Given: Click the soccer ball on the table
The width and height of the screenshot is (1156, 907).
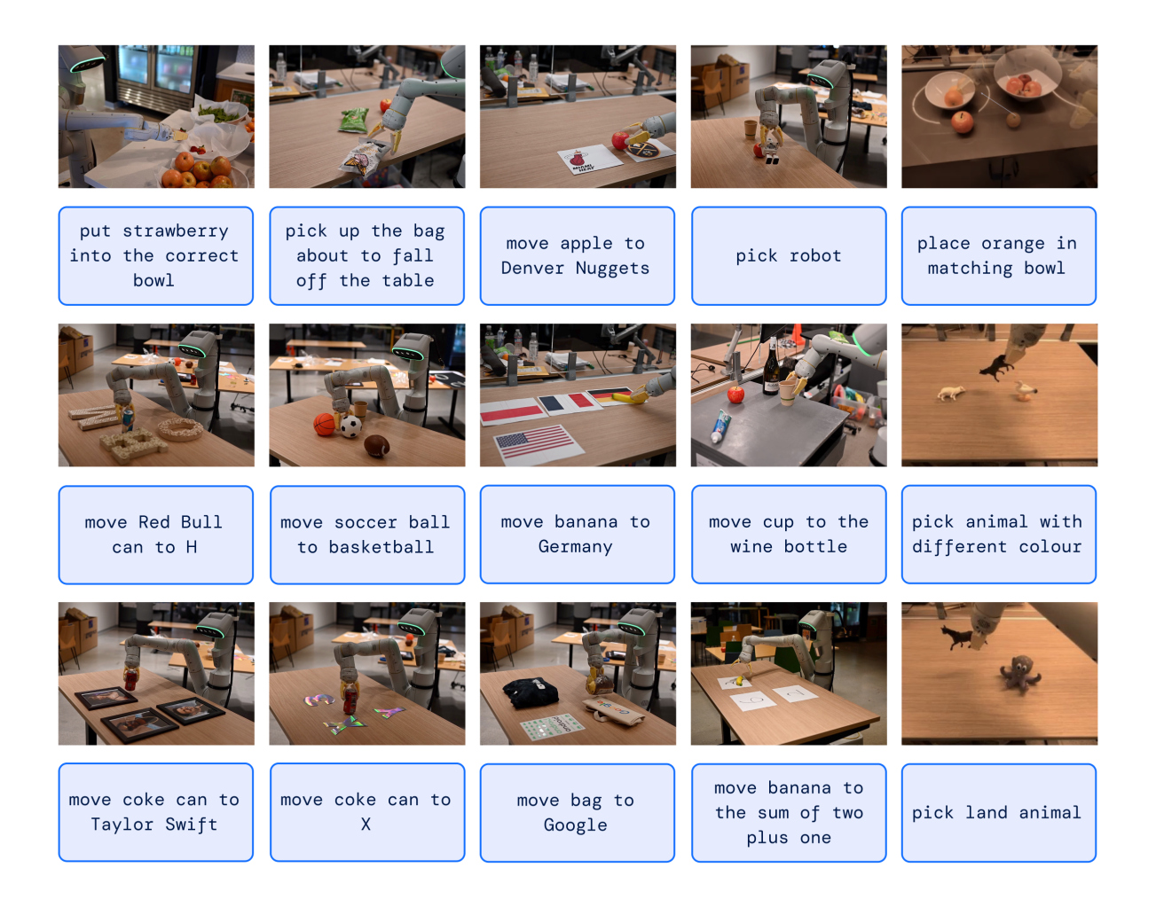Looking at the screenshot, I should click(x=351, y=427).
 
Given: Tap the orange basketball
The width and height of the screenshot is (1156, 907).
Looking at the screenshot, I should click(x=326, y=425).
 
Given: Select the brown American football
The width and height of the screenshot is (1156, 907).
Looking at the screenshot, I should click(x=378, y=445).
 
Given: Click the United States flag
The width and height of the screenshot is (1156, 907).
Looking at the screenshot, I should click(x=535, y=441).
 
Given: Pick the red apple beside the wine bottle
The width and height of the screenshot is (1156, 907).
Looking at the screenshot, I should click(x=735, y=393).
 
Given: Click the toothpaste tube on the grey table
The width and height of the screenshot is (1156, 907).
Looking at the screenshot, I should click(x=722, y=426).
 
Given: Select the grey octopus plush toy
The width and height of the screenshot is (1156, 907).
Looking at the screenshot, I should click(x=1017, y=674).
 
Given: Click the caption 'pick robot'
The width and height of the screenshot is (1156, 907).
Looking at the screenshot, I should click(x=788, y=255).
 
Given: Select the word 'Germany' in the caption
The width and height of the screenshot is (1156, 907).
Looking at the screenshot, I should click(x=575, y=547).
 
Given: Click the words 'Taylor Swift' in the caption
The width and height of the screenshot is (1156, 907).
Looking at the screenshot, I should click(x=153, y=825).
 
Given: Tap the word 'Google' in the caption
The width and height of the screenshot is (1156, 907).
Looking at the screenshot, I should click(x=575, y=825).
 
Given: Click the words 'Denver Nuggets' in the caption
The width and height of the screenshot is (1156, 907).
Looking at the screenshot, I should click(x=575, y=269).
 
